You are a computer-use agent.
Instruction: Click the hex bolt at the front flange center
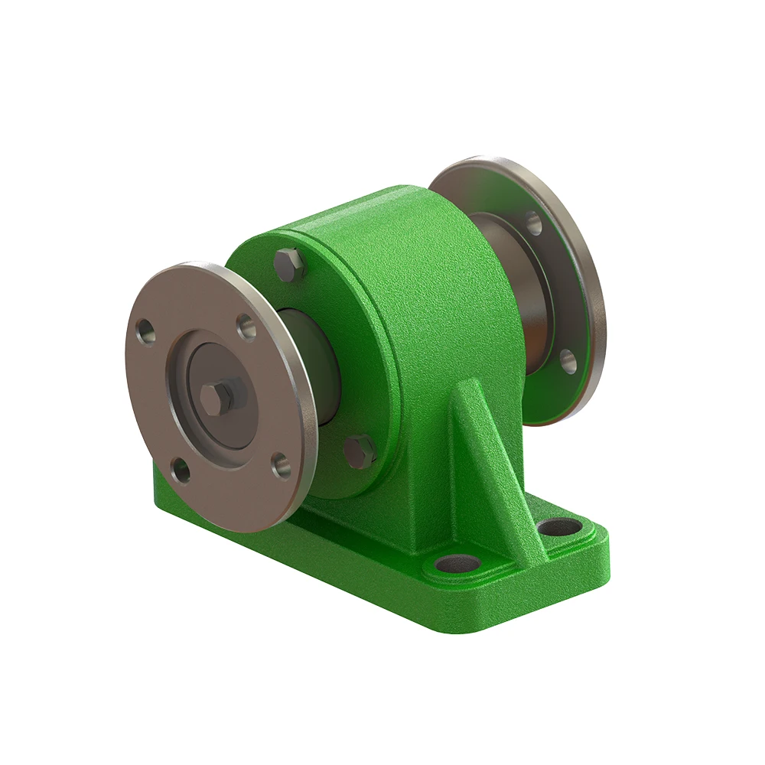218,396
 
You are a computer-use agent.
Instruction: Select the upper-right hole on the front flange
246,327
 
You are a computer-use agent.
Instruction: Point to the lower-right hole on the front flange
282,464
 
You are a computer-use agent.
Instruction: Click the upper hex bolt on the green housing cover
289,264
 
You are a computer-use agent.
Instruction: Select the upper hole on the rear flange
533,223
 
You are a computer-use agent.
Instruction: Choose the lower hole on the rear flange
567,361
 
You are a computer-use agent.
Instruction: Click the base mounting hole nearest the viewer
458,565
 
